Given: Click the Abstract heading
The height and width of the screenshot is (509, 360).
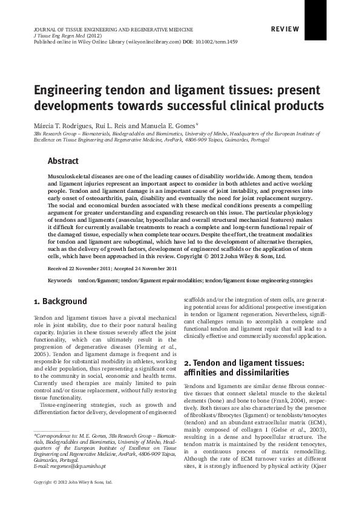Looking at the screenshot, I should (x=63, y=161).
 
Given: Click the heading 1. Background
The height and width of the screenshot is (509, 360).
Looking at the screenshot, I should (x=60, y=302).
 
